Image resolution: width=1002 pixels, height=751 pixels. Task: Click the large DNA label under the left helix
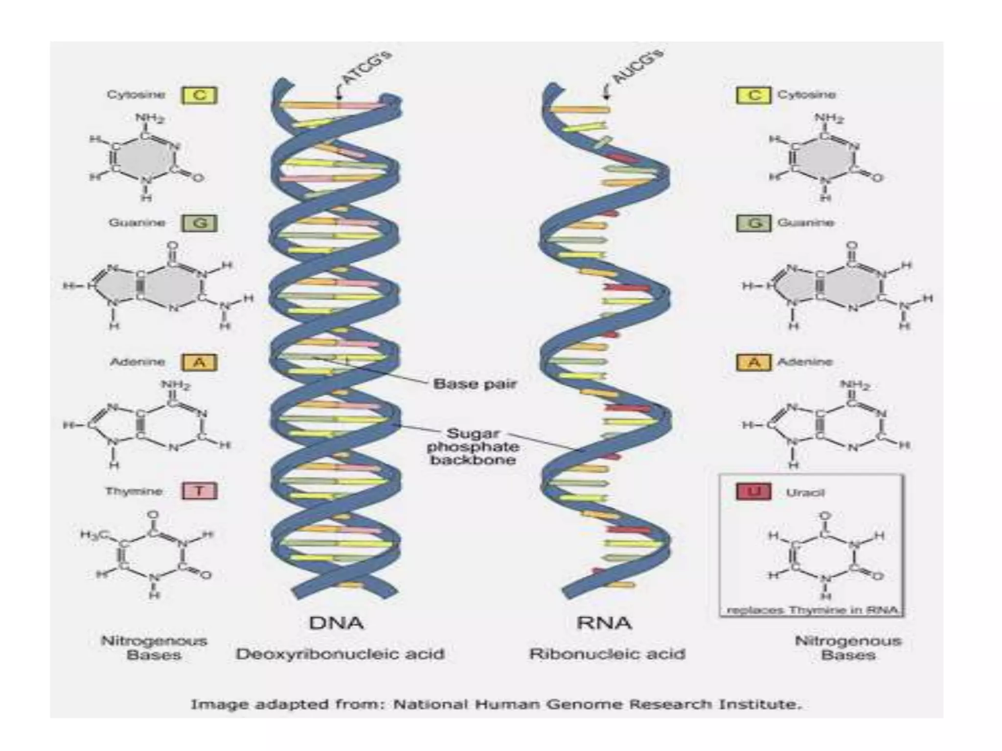[337, 623]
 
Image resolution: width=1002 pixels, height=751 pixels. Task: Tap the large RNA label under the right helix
[604, 623]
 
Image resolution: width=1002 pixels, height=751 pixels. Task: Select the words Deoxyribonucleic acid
[340, 654]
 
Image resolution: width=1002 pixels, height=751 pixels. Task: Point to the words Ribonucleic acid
[607, 654]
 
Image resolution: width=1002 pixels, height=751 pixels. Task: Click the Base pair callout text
[475, 384]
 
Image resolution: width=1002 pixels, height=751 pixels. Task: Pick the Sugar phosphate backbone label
[473, 446]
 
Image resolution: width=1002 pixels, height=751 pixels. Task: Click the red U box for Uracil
[753, 491]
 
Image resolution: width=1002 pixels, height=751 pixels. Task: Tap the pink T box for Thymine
[200, 491]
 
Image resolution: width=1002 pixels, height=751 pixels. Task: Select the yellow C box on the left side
[200, 95]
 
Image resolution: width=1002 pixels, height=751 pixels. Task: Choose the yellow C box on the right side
[754, 95]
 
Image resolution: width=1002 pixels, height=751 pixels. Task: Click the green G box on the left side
[200, 223]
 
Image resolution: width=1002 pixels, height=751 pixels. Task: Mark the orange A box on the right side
[754, 362]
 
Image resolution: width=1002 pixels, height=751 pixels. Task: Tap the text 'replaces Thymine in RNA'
[812, 610]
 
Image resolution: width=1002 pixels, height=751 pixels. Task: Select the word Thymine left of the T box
[134, 491]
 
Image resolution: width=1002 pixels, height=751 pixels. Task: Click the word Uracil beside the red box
[805, 493]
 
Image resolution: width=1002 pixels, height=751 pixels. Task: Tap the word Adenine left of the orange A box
[137, 362]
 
